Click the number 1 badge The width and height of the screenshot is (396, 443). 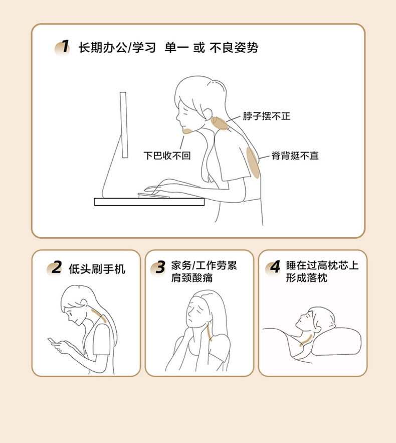point(63,48)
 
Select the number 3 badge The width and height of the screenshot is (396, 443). point(158,267)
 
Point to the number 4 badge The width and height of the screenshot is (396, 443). point(273,267)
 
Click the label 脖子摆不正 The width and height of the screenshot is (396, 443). point(267,116)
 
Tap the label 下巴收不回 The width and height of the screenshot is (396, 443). point(167,156)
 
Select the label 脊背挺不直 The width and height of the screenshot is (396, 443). point(295,156)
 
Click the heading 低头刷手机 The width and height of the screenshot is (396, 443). point(97,269)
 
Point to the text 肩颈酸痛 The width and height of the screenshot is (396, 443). point(192,278)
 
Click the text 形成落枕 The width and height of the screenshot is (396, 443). point(307,278)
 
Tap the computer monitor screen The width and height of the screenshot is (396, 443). point(124,125)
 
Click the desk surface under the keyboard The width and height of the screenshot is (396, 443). point(149,202)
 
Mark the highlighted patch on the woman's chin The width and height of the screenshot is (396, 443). point(187,131)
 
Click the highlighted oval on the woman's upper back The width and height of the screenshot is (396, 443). point(253,163)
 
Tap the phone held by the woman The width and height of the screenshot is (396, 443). point(52,341)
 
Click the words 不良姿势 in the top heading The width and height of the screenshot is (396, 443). point(234,48)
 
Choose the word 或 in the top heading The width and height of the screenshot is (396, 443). point(199,48)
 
